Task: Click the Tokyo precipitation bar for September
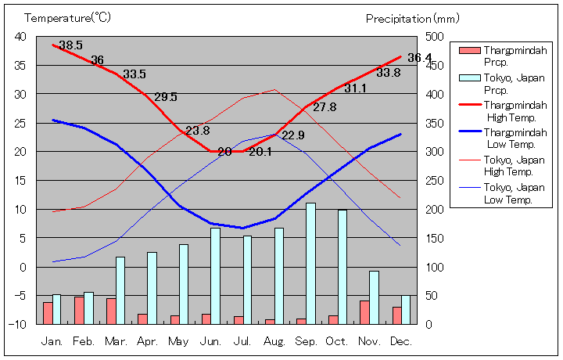[310, 264]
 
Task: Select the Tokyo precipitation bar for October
[342, 267]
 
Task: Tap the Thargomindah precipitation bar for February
[79, 310]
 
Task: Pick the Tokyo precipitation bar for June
[215, 275]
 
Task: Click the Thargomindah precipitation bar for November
[364, 312]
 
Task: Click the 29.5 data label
[166, 97]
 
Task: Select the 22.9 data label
[293, 135]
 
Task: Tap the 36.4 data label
[419, 57]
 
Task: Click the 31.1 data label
[355, 88]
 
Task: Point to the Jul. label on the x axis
[243, 341]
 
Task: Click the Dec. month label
[400, 341]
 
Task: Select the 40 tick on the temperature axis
[20, 37]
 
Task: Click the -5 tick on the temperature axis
[20, 296]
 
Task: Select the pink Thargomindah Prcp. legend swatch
[469, 51]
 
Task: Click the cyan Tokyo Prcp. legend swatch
[469, 78]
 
